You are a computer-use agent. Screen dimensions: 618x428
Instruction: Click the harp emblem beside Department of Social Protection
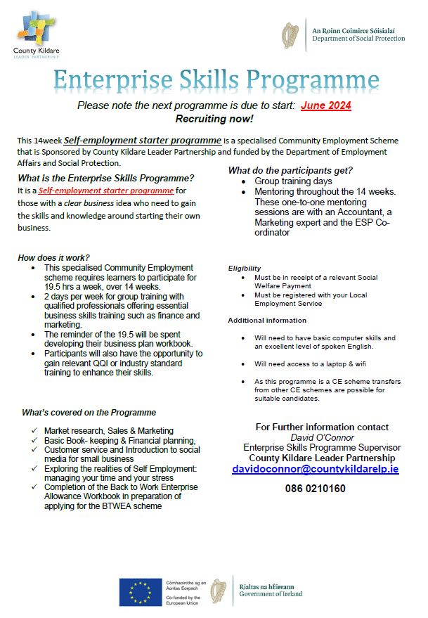(x=290, y=34)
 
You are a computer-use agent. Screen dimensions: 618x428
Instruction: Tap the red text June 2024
(x=325, y=105)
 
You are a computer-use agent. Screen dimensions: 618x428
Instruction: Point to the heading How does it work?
(x=54, y=258)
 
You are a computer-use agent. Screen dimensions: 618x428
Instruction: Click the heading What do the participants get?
(x=290, y=170)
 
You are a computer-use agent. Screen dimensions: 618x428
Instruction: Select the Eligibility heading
(x=245, y=268)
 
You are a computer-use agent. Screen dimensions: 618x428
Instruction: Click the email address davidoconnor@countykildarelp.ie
(x=316, y=468)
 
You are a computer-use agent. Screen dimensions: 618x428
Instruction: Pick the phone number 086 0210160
(x=315, y=488)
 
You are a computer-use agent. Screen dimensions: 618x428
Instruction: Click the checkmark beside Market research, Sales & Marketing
(x=35, y=430)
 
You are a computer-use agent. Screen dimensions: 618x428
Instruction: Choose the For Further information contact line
(x=322, y=427)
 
